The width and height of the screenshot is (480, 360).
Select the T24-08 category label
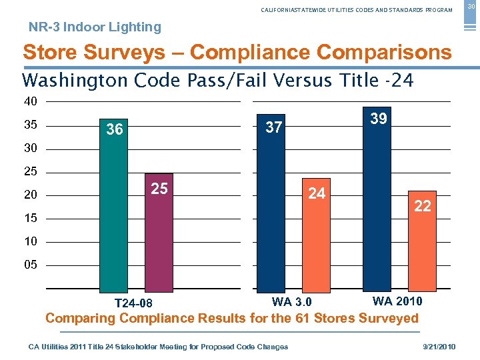[x=133, y=304]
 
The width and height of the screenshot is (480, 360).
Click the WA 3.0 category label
[x=291, y=303]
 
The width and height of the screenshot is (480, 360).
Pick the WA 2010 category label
[x=397, y=301]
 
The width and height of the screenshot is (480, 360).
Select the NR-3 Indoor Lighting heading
[x=95, y=27]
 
